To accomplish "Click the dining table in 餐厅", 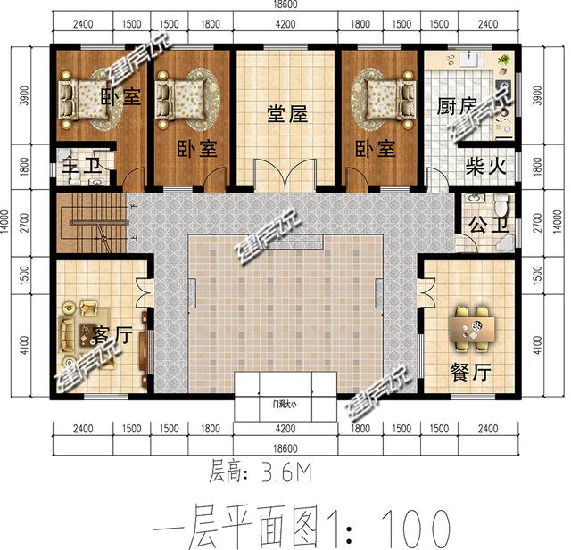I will click(471, 327).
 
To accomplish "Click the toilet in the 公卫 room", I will click(501, 207).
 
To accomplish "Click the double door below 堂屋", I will click(285, 174).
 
